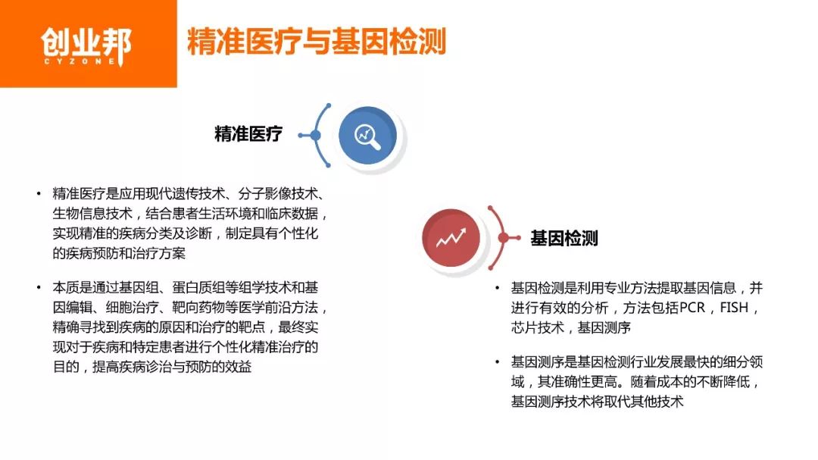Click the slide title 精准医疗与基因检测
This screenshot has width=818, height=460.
[317, 42]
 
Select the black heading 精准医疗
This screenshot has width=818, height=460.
[248, 135]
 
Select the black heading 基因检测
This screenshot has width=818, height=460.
[564, 239]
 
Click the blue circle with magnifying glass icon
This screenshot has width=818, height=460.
[367, 136]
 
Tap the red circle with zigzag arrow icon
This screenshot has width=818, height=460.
[451, 238]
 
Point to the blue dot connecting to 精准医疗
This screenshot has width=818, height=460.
[315, 136]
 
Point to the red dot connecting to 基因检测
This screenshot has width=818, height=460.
[503, 238]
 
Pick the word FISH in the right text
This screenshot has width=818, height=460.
[738, 308]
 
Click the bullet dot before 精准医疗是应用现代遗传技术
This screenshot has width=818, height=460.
[38, 194]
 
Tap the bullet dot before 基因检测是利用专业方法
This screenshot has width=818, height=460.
[496, 289]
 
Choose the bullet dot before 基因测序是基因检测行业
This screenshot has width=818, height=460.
[496, 362]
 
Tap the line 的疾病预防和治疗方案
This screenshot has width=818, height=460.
[119, 253]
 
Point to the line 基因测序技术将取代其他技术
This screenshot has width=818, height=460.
[598, 402]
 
